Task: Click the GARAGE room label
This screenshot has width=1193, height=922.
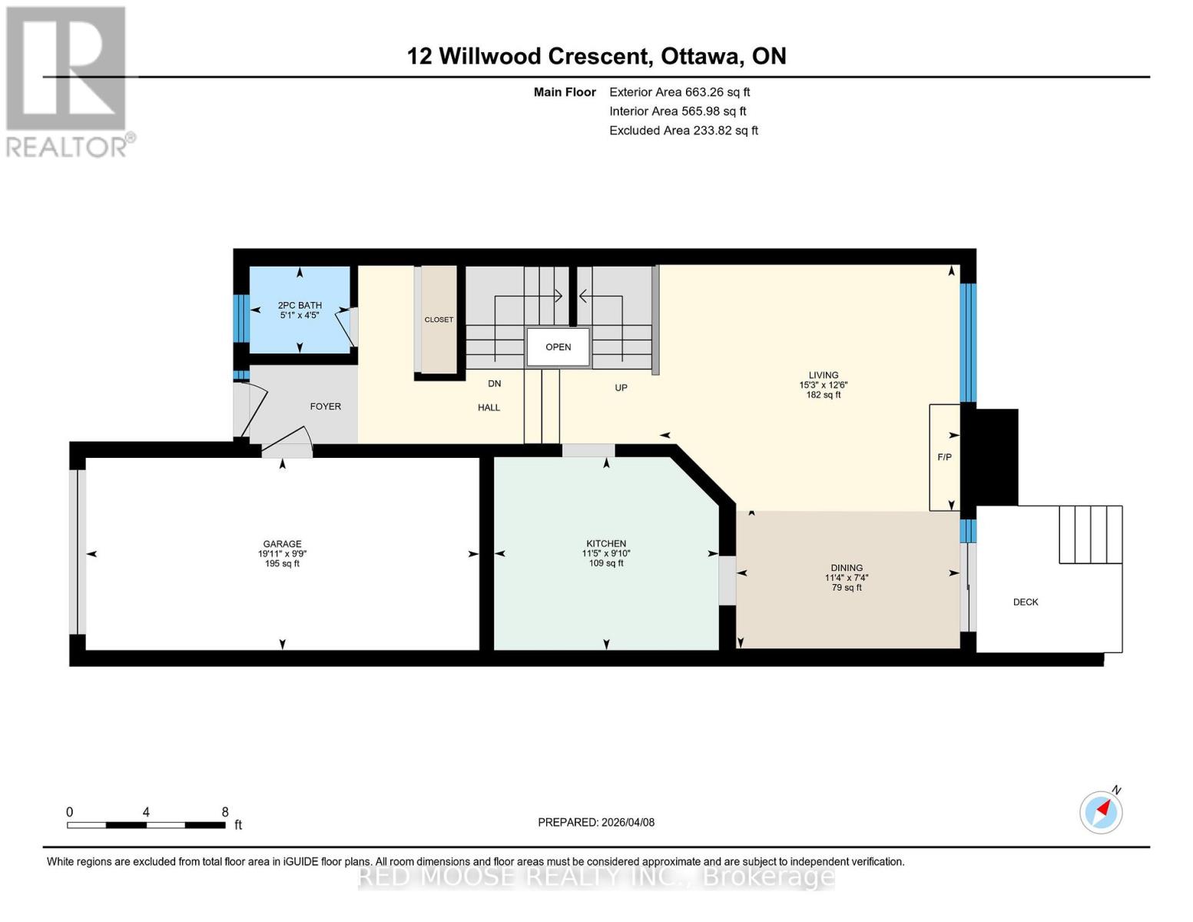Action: [282, 543]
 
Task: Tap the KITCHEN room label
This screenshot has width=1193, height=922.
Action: [605, 543]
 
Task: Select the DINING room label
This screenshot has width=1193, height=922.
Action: [846, 568]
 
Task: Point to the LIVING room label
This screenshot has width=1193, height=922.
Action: [823, 375]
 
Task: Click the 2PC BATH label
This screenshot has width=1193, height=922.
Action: [300, 305]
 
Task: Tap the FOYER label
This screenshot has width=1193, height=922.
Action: [325, 406]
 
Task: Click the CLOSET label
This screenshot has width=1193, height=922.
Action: [439, 320]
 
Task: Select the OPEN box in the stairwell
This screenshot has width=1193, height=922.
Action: [558, 347]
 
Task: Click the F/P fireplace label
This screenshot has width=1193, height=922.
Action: [944, 457]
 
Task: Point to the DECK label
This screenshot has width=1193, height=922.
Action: [1025, 602]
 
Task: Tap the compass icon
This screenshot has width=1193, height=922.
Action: [1101, 811]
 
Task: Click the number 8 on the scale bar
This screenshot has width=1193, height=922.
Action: [225, 812]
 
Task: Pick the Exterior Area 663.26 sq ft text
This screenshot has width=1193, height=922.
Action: [679, 92]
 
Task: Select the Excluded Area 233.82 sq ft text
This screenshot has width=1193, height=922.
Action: [683, 131]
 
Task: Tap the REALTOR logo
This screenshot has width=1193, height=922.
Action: [68, 81]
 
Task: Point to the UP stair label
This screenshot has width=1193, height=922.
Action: [621, 388]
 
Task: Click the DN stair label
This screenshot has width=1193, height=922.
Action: [494, 383]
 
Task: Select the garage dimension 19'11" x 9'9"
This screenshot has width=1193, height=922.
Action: [282, 553]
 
